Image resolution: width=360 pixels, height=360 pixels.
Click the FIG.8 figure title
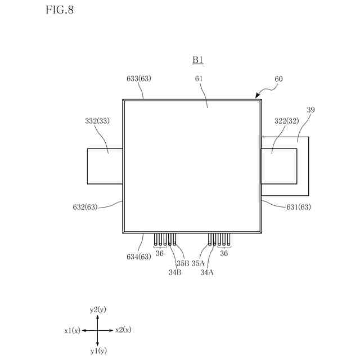coord(58,11)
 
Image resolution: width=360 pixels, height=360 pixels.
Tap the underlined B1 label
coord(198,60)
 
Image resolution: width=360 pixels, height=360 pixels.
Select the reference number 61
coord(199,79)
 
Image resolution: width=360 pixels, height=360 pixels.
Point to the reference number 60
coord(278,79)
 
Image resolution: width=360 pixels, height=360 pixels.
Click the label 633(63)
coord(139,79)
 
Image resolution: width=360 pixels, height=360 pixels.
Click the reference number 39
coord(311,110)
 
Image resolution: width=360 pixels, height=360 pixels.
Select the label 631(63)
coord(299,207)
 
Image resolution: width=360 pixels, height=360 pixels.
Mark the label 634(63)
coord(138,257)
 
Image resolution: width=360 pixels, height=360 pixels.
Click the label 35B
coord(182,263)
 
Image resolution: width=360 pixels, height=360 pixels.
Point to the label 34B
coord(174,272)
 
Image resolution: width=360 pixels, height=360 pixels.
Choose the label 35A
coord(198,263)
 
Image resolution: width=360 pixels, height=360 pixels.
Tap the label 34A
coord(206,272)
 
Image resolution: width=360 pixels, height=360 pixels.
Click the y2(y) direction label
coord(98,310)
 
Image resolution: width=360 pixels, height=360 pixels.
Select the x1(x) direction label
coord(73,330)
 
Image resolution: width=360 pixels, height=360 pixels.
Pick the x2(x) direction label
coord(123,330)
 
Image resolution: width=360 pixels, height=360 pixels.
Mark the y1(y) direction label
coord(98,351)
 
